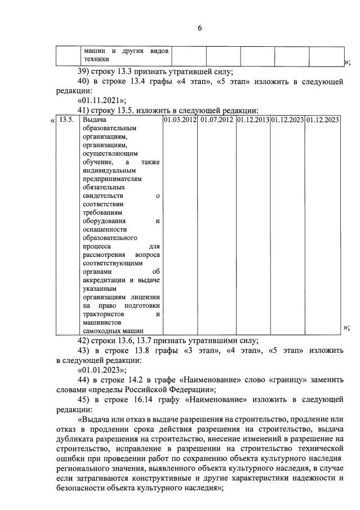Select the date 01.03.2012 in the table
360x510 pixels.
coord(180,119)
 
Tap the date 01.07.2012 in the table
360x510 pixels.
coord(216,119)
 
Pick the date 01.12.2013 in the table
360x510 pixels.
coord(252,119)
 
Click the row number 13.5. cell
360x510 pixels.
coord(66,119)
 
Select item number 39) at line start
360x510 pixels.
coord(83,72)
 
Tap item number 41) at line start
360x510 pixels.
coord(83,110)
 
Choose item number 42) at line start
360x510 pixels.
coord(83,340)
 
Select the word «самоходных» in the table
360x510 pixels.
coord(100,331)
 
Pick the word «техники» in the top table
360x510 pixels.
coord(96,59)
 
